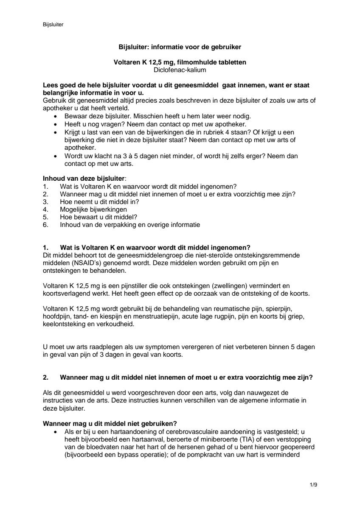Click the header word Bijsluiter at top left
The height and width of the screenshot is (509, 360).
click(53, 25)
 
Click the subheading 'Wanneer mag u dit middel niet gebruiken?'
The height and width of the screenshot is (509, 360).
click(110, 423)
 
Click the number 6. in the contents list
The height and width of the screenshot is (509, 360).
click(45, 224)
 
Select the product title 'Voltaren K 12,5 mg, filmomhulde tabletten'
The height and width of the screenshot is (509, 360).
click(180, 62)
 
